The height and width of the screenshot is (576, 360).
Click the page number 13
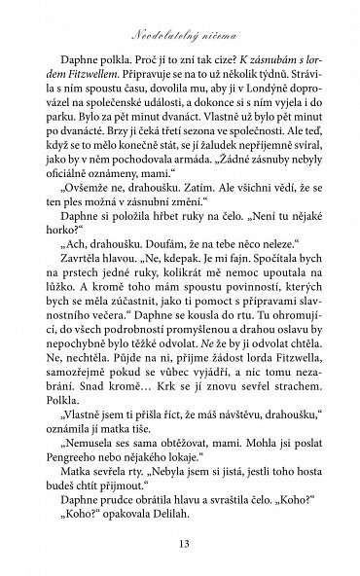[x=180, y=542]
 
